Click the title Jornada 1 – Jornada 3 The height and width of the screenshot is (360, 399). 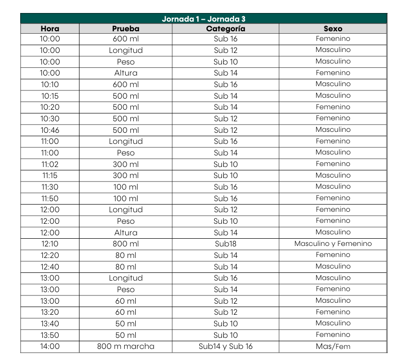[x=204, y=19]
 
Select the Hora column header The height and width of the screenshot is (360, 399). [x=50, y=29]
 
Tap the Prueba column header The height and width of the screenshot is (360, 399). [x=126, y=29]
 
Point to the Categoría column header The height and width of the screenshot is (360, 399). [x=225, y=29]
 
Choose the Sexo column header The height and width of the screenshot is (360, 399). [x=333, y=29]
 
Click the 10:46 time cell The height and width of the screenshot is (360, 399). [x=50, y=130]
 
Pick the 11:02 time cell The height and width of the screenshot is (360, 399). [x=50, y=164]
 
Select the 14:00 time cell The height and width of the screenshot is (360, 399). [x=50, y=346]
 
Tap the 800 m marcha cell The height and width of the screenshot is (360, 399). [x=126, y=346]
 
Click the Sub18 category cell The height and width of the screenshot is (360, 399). [x=225, y=244]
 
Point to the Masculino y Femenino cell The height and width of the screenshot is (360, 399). [x=333, y=244]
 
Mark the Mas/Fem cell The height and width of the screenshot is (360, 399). [x=333, y=346]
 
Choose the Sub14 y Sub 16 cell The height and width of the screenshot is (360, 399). [x=225, y=346]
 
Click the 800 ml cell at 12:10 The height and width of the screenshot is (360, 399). [x=126, y=244]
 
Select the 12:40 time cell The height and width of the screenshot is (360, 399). [x=50, y=267]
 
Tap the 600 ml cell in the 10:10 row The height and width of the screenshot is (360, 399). [x=126, y=84]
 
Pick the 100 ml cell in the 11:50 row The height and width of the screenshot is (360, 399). [x=126, y=198]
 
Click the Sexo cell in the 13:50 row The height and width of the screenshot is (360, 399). [x=333, y=334]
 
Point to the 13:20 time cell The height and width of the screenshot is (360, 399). [x=50, y=312]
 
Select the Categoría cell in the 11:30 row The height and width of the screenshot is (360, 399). [x=225, y=187]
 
